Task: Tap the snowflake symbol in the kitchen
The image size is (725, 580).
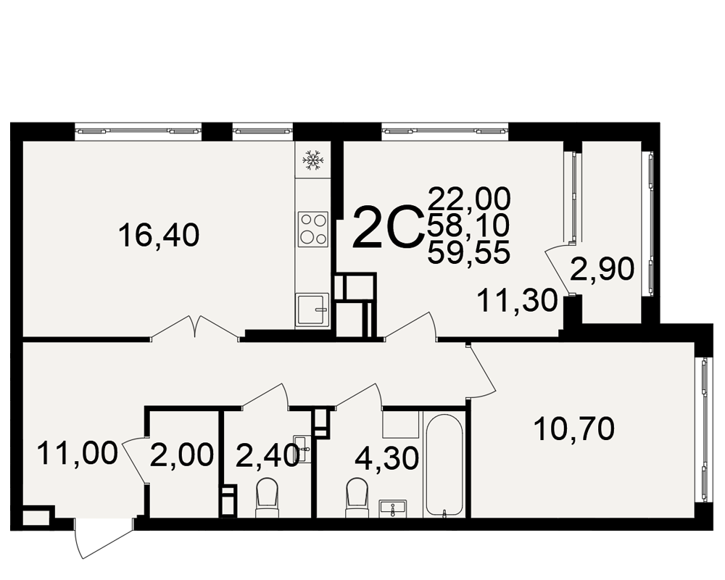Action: pyautogui.click(x=313, y=160)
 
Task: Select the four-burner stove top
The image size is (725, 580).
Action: pyautogui.click(x=313, y=229)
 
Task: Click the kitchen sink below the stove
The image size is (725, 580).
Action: pyautogui.click(x=312, y=310)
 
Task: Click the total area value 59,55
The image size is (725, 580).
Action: pyautogui.click(x=469, y=252)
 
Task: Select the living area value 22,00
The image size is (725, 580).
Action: pyautogui.click(x=469, y=199)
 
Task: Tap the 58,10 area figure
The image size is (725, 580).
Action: pyautogui.click(x=468, y=225)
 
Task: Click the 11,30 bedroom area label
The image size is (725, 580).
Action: pyautogui.click(x=518, y=300)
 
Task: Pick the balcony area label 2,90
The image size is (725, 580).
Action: pyautogui.click(x=602, y=269)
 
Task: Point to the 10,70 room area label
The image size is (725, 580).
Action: pyautogui.click(x=573, y=428)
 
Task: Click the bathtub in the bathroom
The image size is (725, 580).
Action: pyautogui.click(x=444, y=464)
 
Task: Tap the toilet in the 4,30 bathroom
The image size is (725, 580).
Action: pyautogui.click(x=357, y=497)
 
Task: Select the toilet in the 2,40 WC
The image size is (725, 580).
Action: pyautogui.click(x=268, y=497)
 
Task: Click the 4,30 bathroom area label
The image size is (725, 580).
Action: pyautogui.click(x=387, y=458)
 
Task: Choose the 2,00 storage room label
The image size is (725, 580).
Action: pyautogui.click(x=182, y=455)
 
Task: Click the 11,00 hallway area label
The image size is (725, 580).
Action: pyautogui.click(x=78, y=453)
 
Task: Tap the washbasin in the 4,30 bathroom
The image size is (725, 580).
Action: pyautogui.click(x=392, y=508)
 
